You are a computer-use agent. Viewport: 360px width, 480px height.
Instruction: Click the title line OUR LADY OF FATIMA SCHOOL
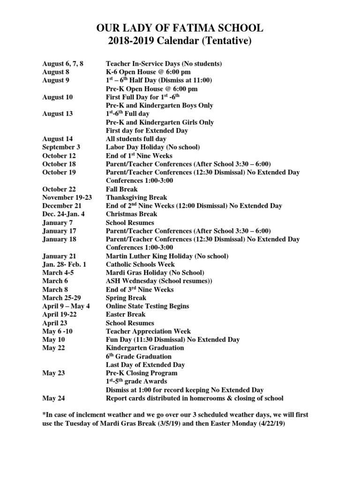click(180, 29)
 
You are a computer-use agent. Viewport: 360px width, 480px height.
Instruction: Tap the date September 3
click(61, 147)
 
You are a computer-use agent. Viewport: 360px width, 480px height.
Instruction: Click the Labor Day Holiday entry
click(153, 147)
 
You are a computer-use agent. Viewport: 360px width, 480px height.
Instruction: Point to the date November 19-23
click(64, 198)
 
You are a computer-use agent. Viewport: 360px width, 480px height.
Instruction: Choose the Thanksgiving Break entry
click(136, 198)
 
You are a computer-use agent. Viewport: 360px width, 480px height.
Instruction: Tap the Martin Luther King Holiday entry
click(167, 256)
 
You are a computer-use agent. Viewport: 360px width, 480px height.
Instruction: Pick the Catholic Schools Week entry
click(140, 265)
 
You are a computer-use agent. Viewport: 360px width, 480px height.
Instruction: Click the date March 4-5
click(58, 273)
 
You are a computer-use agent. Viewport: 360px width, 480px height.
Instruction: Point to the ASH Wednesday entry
click(159, 281)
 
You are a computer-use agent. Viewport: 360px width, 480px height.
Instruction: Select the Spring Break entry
click(126, 298)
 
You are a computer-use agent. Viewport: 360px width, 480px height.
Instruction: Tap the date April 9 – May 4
click(66, 306)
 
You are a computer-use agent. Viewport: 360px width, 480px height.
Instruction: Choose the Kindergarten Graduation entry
click(145, 348)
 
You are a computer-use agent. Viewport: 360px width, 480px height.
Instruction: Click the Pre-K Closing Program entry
click(142, 373)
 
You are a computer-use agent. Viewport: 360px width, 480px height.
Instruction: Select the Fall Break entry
click(122, 189)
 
